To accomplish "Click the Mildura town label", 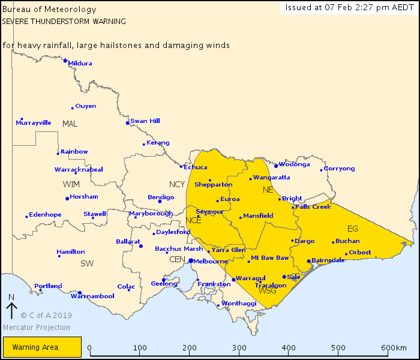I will click(x=80, y=63).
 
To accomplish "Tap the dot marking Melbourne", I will click(x=190, y=261).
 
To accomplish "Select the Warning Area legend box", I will click(x=42, y=347).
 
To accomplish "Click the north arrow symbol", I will click(x=11, y=309).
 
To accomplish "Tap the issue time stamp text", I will click(x=350, y=7).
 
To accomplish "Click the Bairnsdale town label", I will click(x=328, y=260).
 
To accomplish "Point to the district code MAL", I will click(x=70, y=124).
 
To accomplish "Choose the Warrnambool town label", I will click(x=92, y=296).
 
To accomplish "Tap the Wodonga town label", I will click(x=295, y=164).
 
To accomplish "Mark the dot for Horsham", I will click(x=67, y=199).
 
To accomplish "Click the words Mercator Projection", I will click(x=37, y=328).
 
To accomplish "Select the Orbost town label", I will click(x=359, y=252).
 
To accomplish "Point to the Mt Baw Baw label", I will click(x=270, y=258).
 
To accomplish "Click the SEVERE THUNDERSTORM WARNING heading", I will click(x=64, y=21).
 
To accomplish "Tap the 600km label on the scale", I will click(x=394, y=348).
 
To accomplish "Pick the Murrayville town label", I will click(x=33, y=122).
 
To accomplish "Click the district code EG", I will click(x=352, y=228).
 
